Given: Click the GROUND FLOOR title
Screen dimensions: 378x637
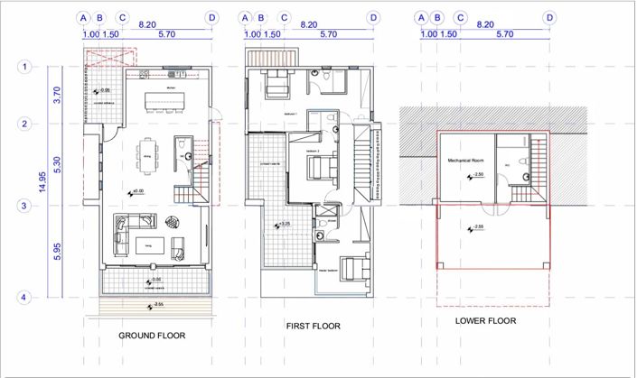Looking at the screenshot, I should (152, 336).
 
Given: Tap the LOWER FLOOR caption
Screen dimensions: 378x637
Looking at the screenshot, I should (485, 320).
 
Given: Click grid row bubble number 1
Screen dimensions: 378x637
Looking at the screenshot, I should (26, 66).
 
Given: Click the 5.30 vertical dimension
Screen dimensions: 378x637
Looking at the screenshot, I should (58, 165).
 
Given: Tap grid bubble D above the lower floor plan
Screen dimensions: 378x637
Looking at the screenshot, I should (548, 17).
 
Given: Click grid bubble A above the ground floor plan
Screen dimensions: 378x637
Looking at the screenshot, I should (83, 17).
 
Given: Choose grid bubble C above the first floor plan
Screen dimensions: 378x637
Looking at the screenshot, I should (284, 17).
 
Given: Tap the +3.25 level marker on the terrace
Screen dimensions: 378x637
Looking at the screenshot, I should (283, 223).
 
